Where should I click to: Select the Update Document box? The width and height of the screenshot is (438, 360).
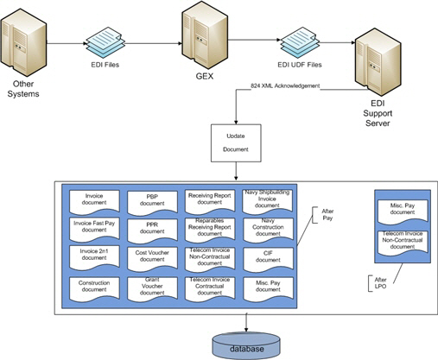coord(236,141)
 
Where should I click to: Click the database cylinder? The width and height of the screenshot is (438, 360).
coord(247,341)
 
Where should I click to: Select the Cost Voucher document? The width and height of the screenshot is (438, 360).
coord(152,256)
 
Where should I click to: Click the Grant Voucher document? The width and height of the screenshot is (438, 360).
coord(152,285)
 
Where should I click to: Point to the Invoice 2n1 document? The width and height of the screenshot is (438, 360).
coord(94,256)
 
